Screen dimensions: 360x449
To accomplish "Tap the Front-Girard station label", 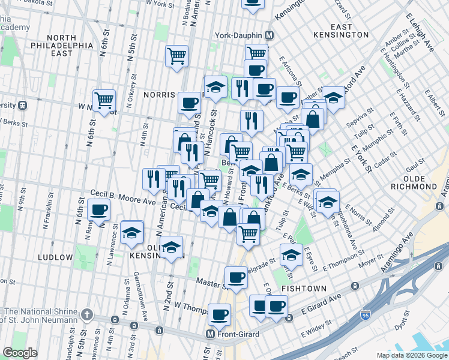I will pyautogui.click(x=239, y=334).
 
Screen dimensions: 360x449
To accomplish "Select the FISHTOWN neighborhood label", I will pyautogui.click(x=304, y=289).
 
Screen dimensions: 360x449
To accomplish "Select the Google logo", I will pyautogui.click(x=20, y=353).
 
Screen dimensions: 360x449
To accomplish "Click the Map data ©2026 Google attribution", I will pyautogui.click(x=412, y=355).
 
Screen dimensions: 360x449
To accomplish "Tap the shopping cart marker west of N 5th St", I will pyautogui.click(x=104, y=100).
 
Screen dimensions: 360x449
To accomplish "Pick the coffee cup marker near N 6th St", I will pyautogui.click(x=98, y=211).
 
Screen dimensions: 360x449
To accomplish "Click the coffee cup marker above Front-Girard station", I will pyautogui.click(x=219, y=314).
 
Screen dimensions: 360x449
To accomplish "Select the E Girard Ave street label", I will pyautogui.click(x=321, y=308).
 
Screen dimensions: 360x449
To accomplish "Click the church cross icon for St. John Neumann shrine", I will pyautogui.click(x=87, y=314).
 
